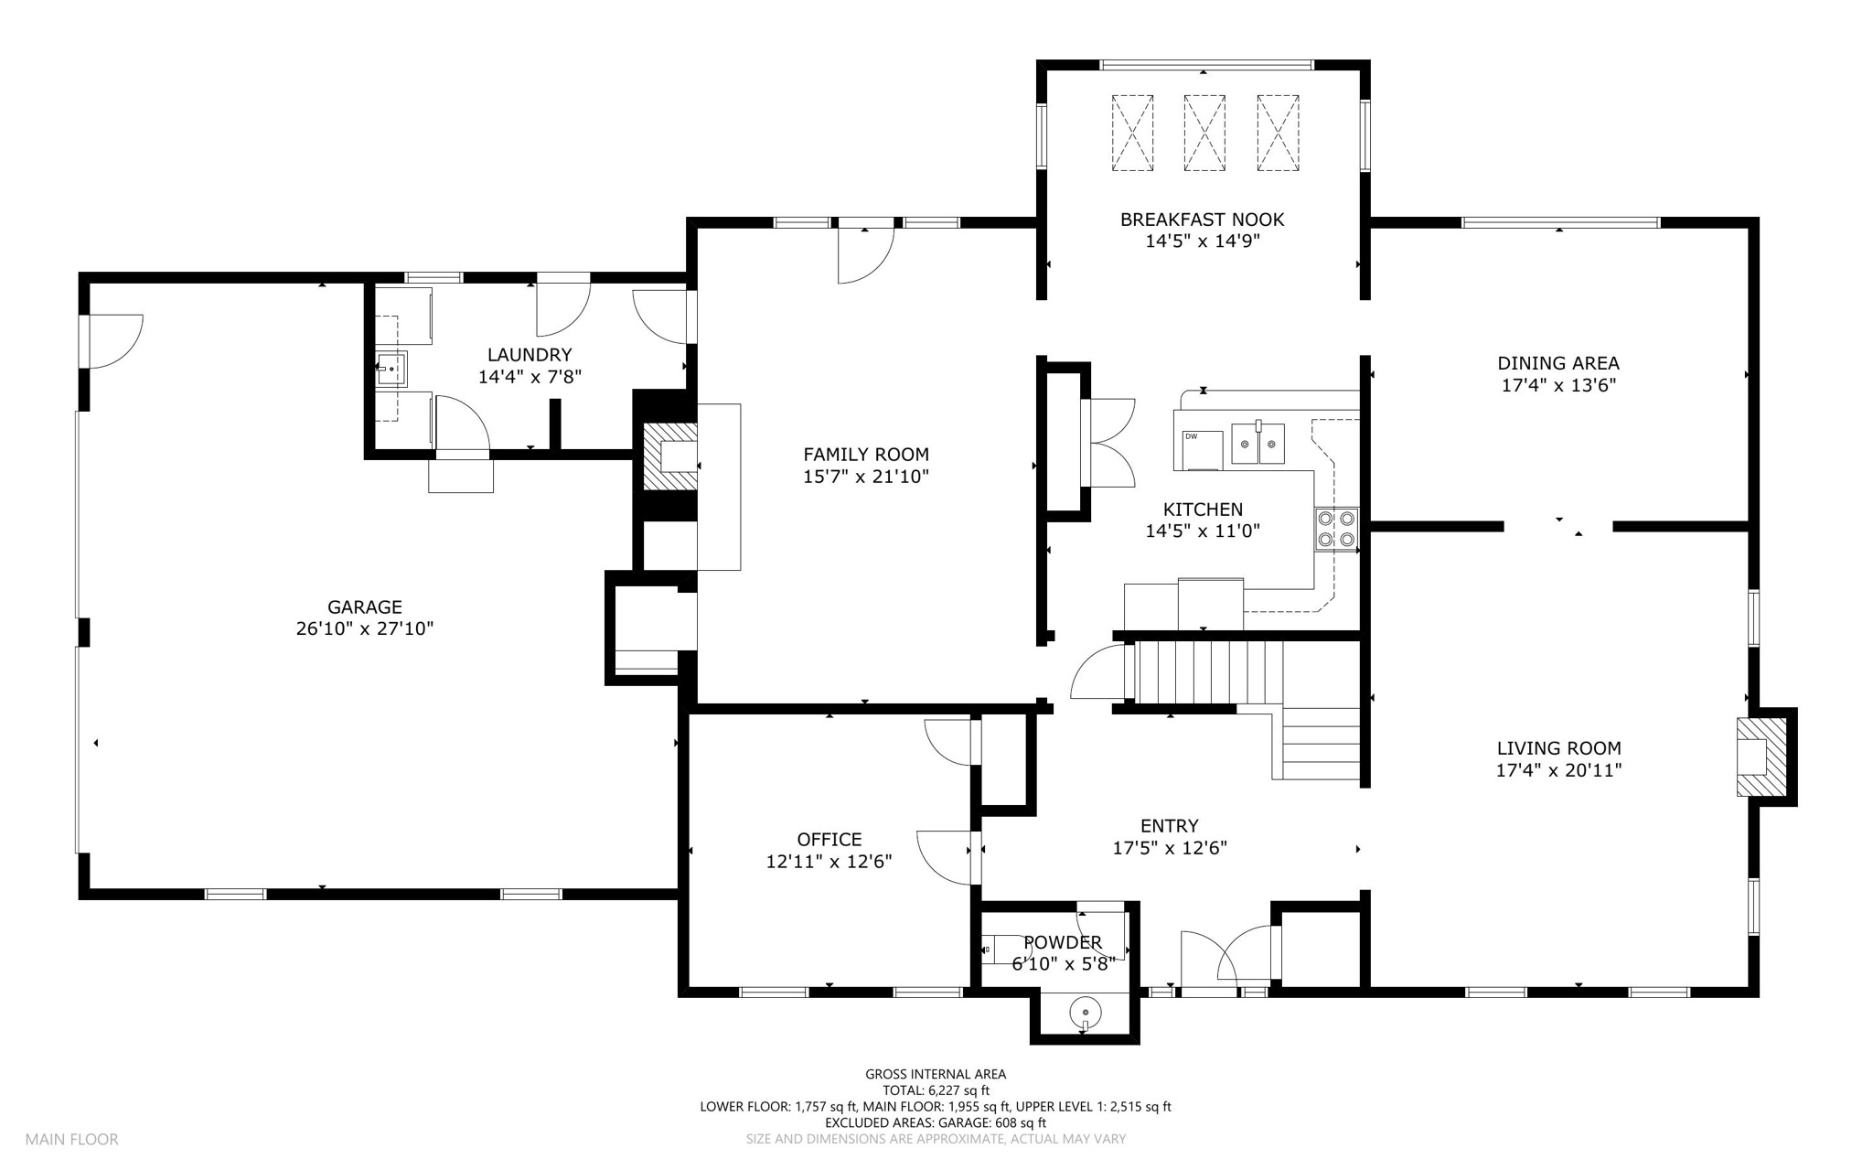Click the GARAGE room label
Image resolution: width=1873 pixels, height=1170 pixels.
(365, 606)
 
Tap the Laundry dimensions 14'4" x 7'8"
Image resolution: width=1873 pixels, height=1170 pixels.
(530, 376)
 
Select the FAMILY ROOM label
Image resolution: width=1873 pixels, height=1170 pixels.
(866, 454)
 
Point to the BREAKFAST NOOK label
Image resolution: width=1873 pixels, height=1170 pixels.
(1202, 220)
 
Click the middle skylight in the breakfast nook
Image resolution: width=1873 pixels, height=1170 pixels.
(1204, 133)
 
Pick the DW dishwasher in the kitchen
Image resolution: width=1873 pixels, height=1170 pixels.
(1203, 449)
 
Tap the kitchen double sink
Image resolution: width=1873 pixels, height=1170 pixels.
(1258, 443)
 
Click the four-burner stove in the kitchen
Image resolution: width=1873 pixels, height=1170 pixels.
(1336, 530)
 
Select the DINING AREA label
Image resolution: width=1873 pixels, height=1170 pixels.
(1558, 363)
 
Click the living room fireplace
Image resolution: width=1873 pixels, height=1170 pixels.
(1762, 757)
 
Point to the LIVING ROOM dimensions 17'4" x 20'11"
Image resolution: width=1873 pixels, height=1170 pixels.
(1558, 770)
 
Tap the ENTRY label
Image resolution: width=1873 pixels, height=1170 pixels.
(1169, 826)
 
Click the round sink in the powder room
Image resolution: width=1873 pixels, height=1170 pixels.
(1085, 1013)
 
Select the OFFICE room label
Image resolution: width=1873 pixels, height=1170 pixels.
(829, 840)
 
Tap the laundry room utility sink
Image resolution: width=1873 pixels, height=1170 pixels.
(391, 369)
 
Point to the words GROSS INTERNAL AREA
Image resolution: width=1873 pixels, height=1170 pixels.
(936, 1074)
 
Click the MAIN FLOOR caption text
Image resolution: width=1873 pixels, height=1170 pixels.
(71, 1140)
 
